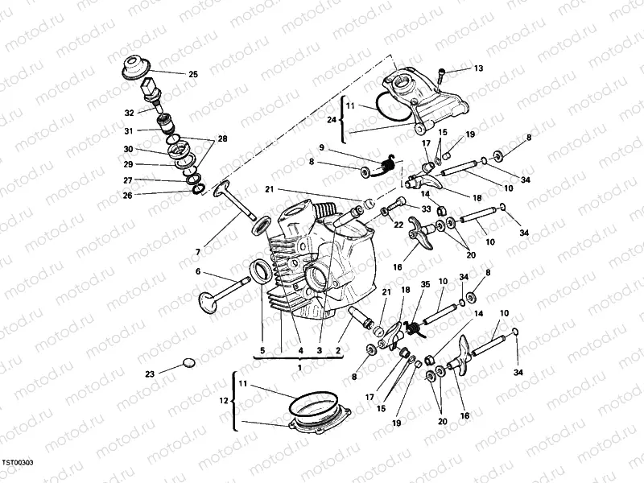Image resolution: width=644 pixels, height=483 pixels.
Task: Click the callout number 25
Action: (x=192, y=74)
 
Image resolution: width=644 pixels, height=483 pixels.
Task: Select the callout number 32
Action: (x=130, y=113)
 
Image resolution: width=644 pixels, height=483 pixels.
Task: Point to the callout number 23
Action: (x=150, y=374)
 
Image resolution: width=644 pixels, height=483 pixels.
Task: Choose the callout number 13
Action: (x=478, y=68)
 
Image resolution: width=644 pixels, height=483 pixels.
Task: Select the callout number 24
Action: (x=332, y=119)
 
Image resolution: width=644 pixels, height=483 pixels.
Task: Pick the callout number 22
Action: (x=398, y=225)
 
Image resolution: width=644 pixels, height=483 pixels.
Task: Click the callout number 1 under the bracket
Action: (x=300, y=366)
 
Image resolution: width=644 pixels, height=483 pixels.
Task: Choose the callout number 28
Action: (x=223, y=138)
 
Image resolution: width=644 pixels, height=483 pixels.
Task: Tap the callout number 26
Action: (x=128, y=194)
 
